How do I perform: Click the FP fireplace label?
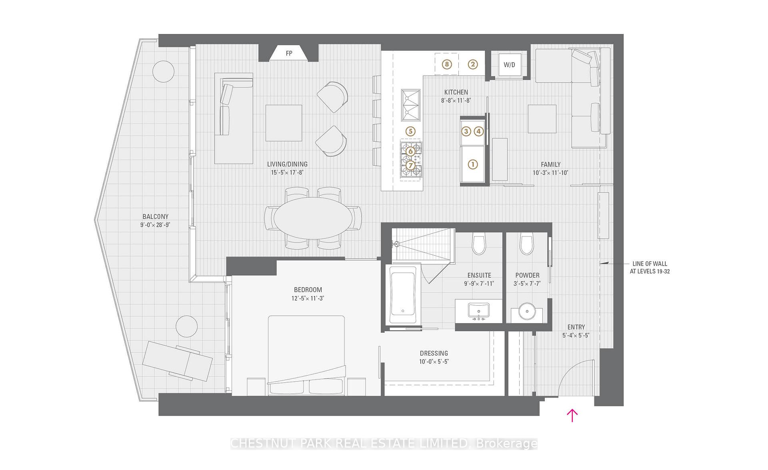[289, 53]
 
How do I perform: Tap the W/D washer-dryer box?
[509, 64]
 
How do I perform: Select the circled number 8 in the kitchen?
[447, 64]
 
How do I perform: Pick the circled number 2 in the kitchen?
[473, 64]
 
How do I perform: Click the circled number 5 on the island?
[410, 131]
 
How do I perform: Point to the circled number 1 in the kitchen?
[473, 164]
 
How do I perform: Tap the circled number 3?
[466, 131]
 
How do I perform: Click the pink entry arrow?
[572, 415]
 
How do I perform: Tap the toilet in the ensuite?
[479, 244]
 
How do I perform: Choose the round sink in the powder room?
[527, 311]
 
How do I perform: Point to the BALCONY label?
[155, 216]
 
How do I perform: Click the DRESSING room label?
[434, 353]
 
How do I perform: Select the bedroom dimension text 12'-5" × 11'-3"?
[308, 298]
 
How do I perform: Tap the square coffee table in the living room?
[284, 123]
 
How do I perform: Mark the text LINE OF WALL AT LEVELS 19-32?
[650, 267]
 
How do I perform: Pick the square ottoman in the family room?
[542, 119]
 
